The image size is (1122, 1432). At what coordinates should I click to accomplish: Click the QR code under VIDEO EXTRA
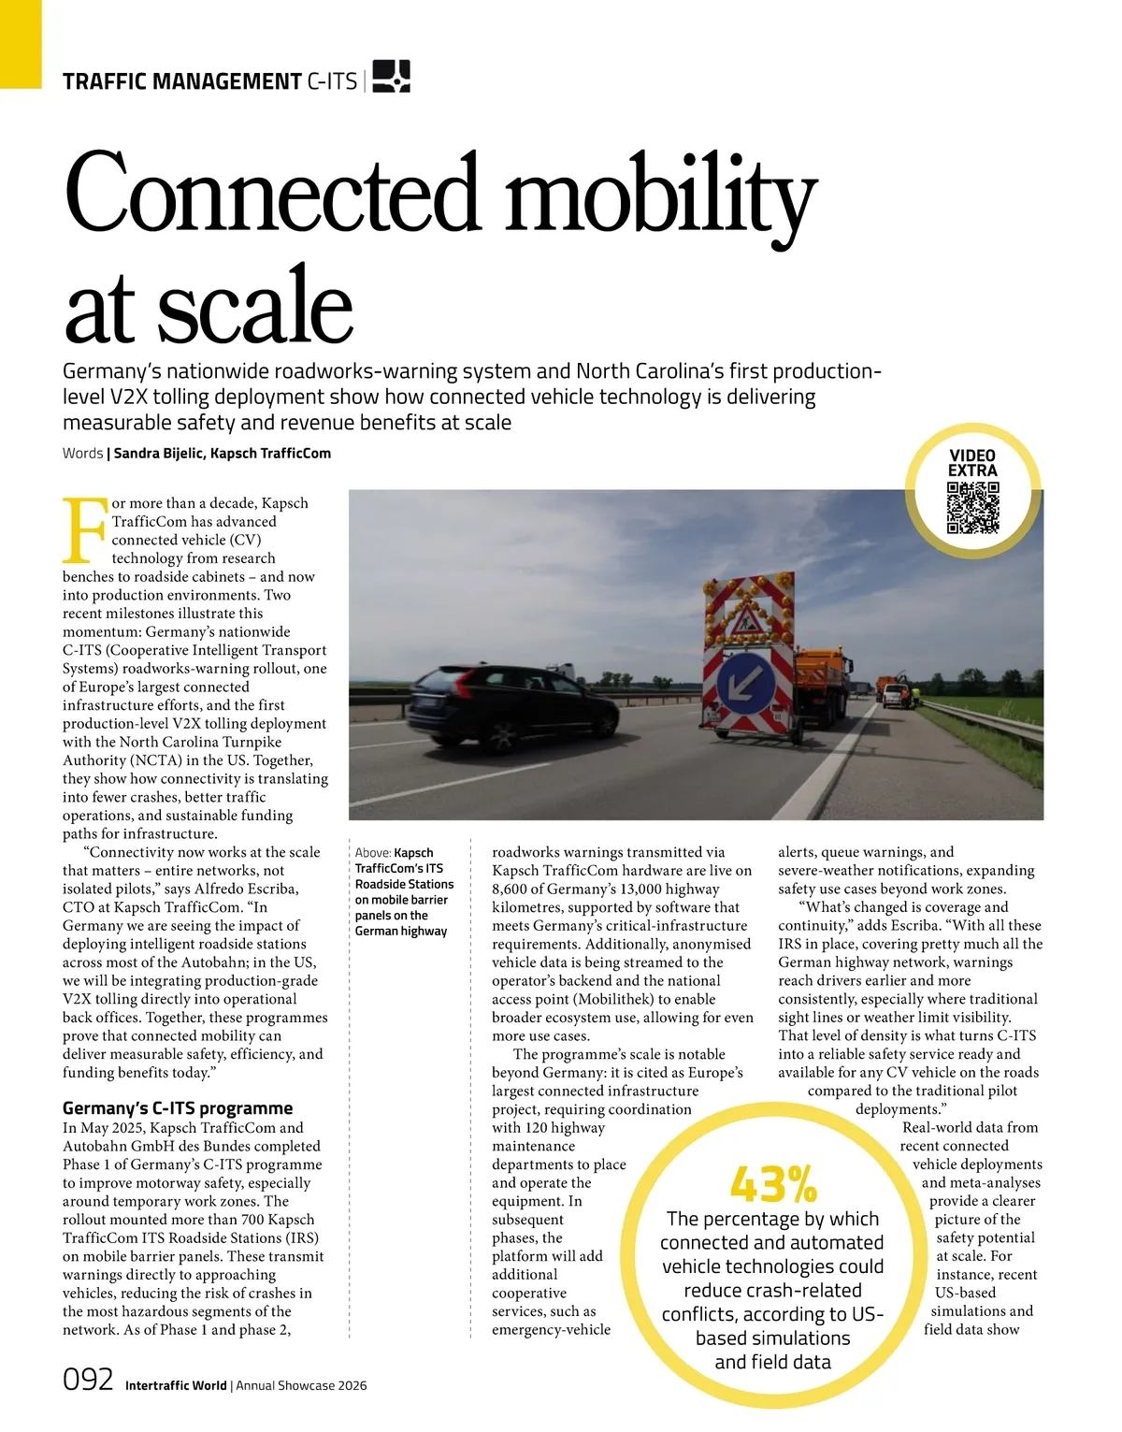(972, 508)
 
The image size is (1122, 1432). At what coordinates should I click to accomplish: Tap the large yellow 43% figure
(773, 1185)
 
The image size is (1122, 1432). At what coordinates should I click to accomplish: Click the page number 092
(88, 1380)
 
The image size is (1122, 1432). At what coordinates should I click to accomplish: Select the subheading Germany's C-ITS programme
(178, 1108)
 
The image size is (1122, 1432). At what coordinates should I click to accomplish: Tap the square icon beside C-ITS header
(391, 77)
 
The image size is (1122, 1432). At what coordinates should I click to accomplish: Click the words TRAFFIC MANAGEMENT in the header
(181, 81)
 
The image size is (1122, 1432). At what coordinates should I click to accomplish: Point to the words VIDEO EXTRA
(972, 463)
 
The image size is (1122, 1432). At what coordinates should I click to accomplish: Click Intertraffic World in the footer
(176, 1385)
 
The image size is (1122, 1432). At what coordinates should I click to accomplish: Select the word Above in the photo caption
(371, 853)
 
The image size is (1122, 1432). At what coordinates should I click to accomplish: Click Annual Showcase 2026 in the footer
(301, 1385)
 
